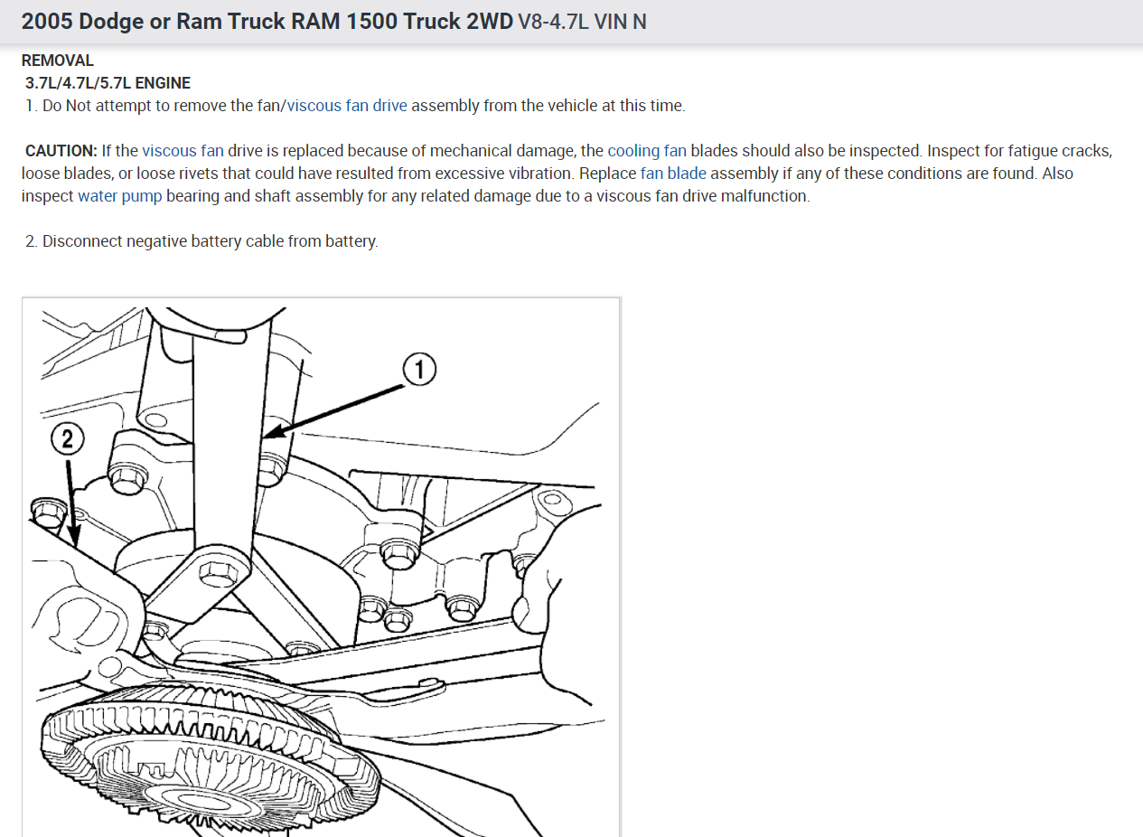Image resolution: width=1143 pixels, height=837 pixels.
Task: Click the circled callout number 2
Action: [x=67, y=439]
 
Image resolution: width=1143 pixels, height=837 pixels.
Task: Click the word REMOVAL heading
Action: [x=58, y=61]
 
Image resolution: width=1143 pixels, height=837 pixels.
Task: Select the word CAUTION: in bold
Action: [x=61, y=151]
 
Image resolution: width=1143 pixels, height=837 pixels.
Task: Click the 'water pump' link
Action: [x=120, y=195]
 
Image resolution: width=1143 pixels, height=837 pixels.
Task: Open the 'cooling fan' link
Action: [x=647, y=151]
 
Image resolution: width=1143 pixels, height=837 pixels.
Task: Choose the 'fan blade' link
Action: [x=673, y=173]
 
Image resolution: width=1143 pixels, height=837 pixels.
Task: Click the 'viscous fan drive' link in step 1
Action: [x=347, y=106]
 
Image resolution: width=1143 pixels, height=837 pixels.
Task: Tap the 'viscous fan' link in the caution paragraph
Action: [x=183, y=151]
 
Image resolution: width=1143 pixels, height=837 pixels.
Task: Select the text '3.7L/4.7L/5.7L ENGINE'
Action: [x=108, y=83]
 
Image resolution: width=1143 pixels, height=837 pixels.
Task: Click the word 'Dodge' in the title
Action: [x=112, y=21]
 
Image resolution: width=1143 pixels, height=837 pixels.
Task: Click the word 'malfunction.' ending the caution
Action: [x=765, y=195]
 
